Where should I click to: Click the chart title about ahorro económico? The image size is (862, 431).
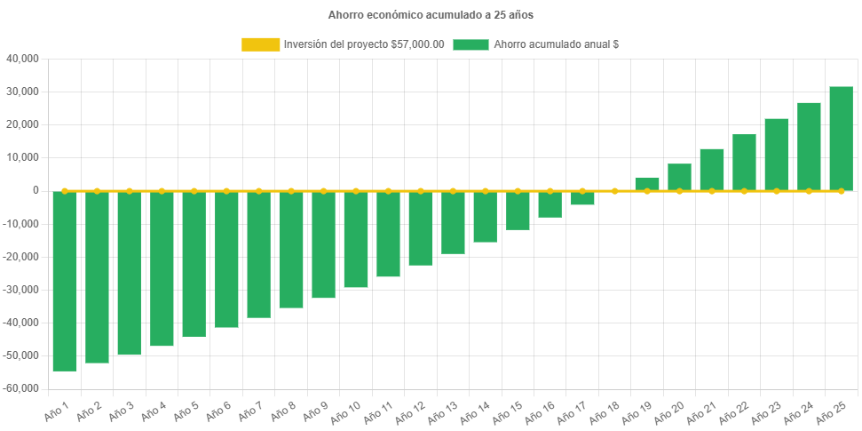(x=431, y=15)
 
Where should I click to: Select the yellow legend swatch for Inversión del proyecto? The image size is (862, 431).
(x=259, y=44)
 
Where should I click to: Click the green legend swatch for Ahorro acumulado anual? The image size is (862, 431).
(x=471, y=44)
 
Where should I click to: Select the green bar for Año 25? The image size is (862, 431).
(x=841, y=139)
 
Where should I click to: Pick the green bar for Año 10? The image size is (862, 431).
(x=356, y=239)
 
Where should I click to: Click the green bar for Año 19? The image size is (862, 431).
(x=647, y=184)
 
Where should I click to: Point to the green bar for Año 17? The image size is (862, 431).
(x=582, y=198)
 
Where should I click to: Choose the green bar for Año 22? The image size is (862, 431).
(x=744, y=163)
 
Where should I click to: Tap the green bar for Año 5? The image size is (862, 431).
(x=194, y=264)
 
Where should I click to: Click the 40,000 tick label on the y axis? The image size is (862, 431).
(x=23, y=59)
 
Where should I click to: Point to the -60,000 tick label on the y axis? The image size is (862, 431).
(x=21, y=388)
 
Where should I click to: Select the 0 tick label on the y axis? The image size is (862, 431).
(x=36, y=190)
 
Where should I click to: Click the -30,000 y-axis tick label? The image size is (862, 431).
(x=21, y=290)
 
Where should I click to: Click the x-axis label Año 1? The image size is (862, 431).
(x=57, y=412)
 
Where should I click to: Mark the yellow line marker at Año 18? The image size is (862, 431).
(x=614, y=191)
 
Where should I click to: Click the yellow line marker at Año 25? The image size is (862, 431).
(x=841, y=191)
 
